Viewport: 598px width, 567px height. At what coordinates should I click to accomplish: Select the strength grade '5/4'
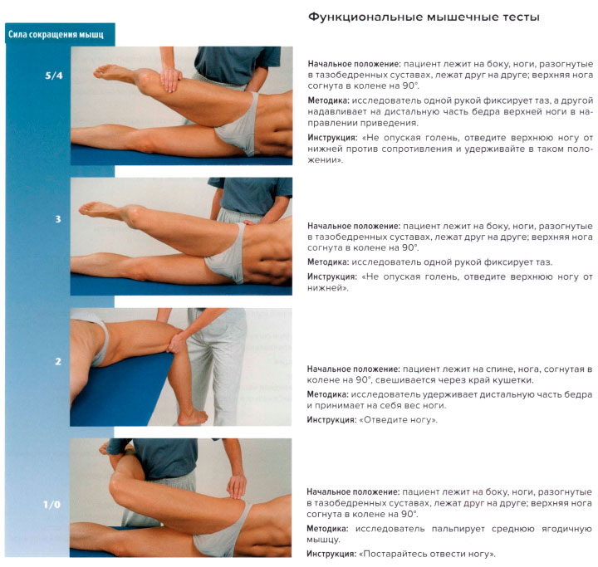pyautogui.click(x=53, y=75)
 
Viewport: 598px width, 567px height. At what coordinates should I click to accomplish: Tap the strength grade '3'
pyautogui.click(x=57, y=219)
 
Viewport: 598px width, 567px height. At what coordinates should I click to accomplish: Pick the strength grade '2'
pyautogui.click(x=57, y=361)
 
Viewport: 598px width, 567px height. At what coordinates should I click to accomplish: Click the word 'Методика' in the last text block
pyautogui.click(x=330, y=528)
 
